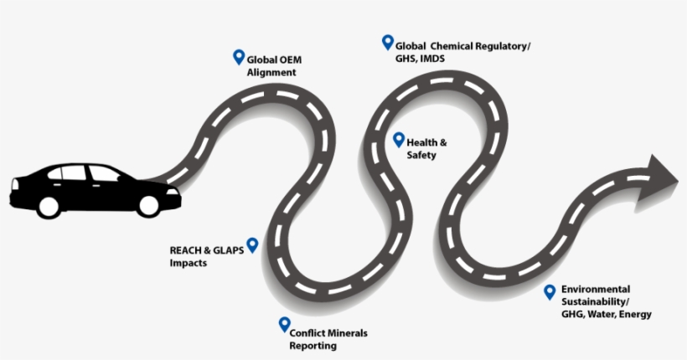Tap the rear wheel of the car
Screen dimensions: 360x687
pos(48,203)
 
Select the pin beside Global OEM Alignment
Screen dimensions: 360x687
pos(238,57)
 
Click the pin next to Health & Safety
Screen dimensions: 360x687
pos(399,139)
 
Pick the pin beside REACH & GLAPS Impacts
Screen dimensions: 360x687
pos(251,245)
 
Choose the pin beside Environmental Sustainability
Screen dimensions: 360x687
pos(550,291)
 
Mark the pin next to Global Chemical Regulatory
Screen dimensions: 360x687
pos(387,41)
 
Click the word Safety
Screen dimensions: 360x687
pos(422,155)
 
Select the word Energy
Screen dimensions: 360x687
pos(638,314)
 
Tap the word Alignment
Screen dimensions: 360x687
pos(271,72)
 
